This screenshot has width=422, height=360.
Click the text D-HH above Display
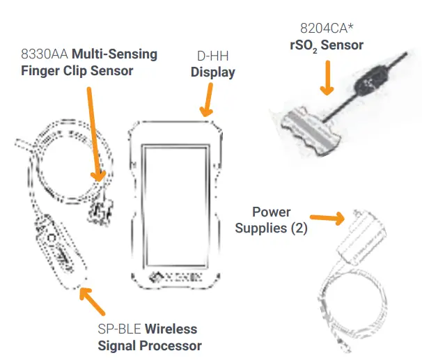(x=213, y=56)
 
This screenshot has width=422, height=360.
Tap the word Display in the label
(x=213, y=72)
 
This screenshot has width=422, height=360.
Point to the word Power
(x=271, y=212)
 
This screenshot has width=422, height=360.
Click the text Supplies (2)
(x=272, y=228)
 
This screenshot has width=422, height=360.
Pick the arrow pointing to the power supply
(x=327, y=218)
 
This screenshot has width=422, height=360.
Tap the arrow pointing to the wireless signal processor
(x=93, y=302)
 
